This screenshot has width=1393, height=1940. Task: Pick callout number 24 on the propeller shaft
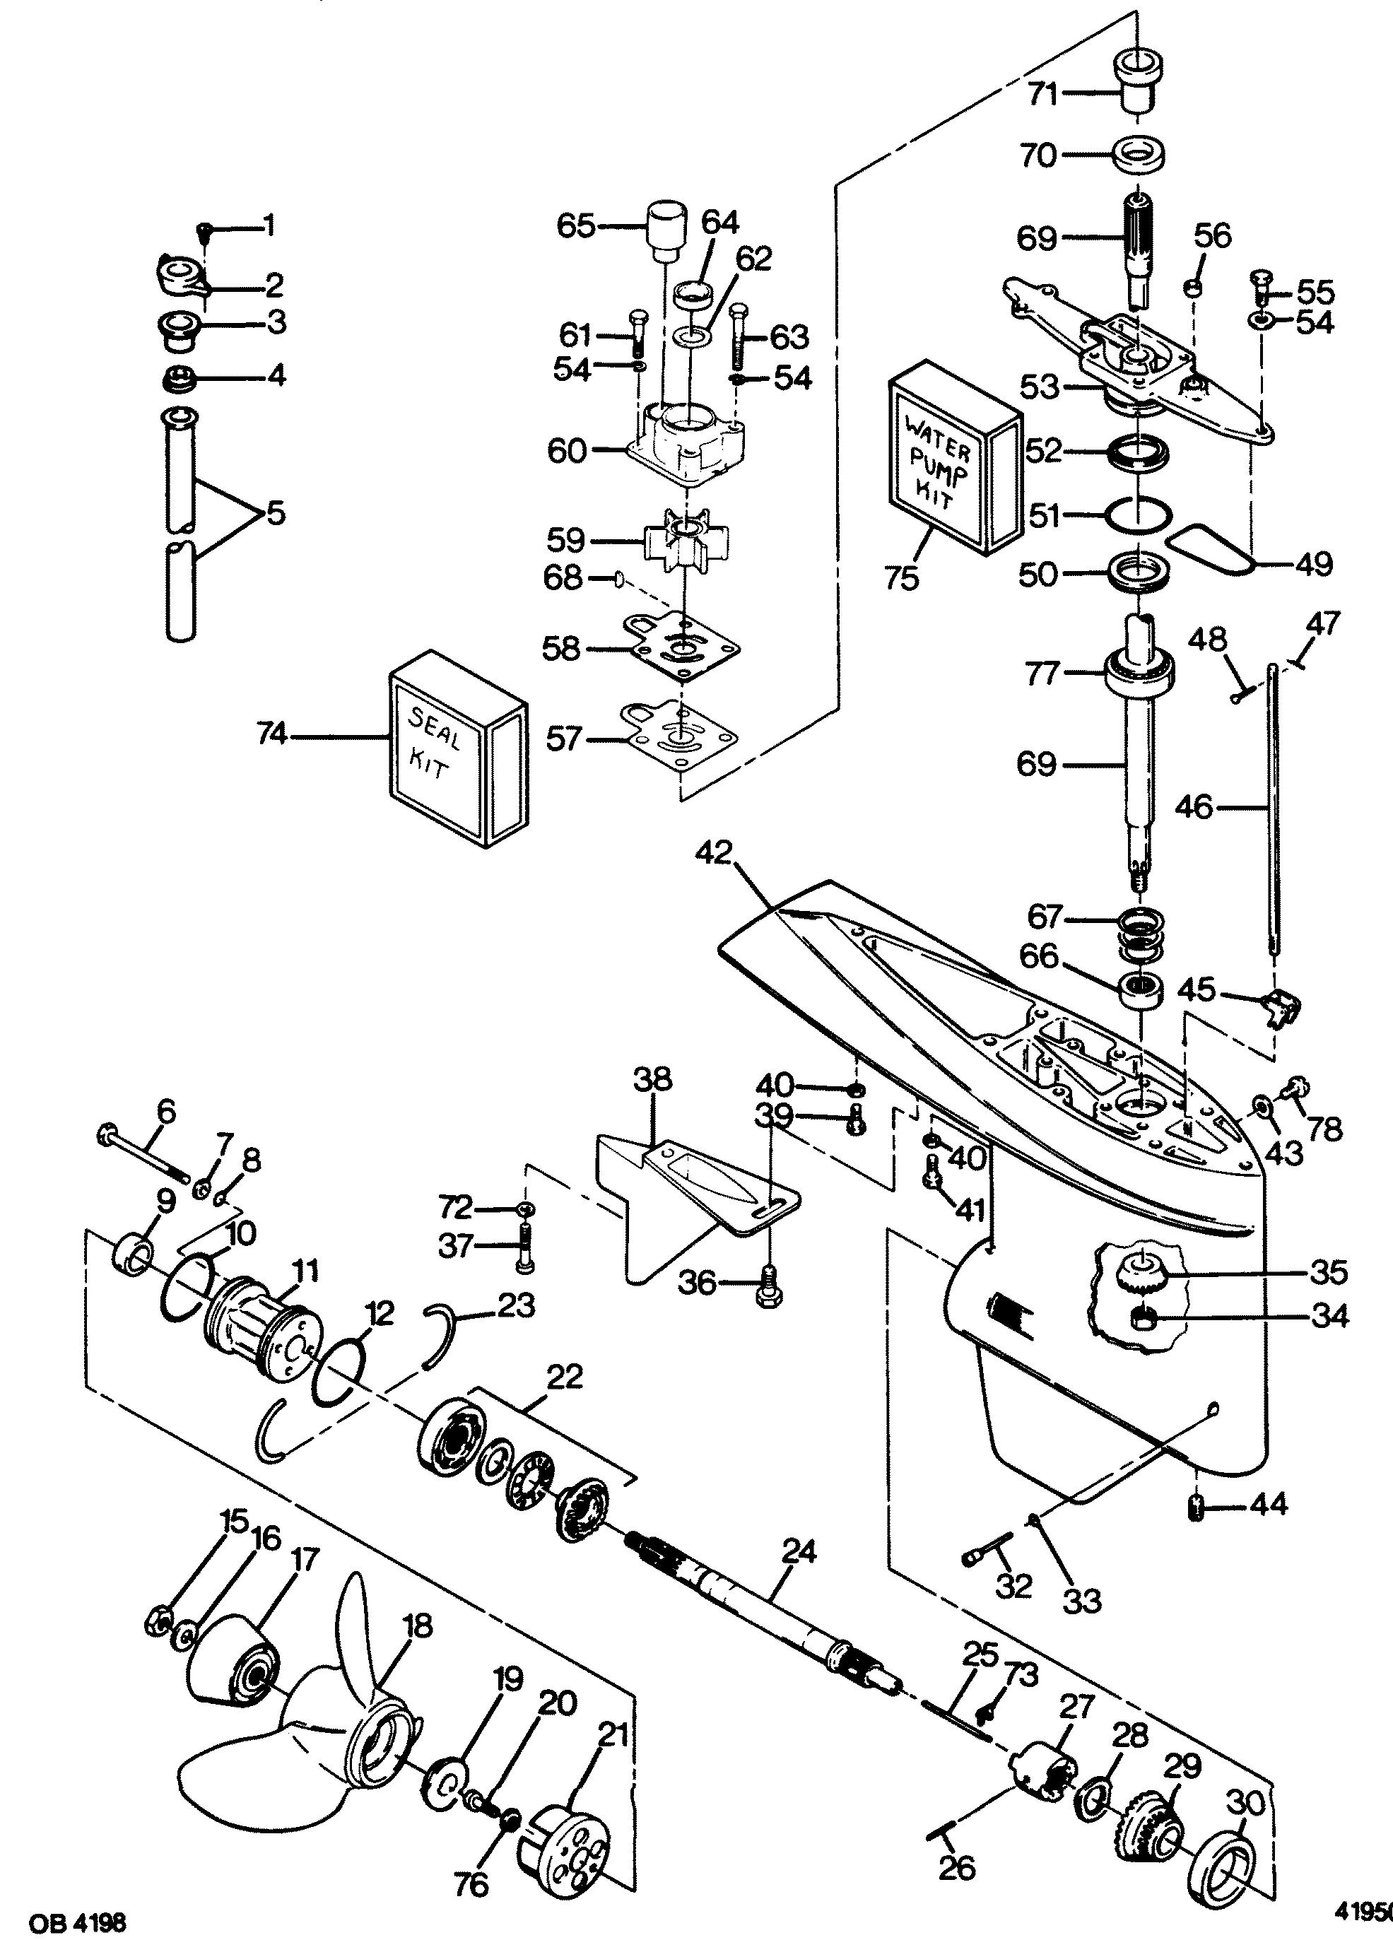pos(799,1551)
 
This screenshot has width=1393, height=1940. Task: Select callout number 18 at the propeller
pos(418,1626)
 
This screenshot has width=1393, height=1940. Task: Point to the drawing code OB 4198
pos(64,1924)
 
